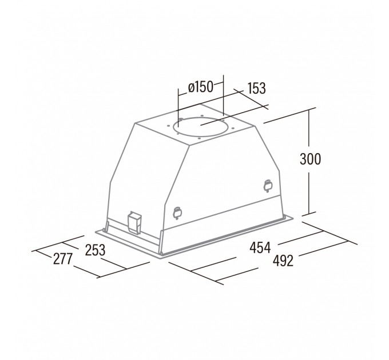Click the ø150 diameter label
coord(201,87)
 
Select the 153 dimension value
coord(256,88)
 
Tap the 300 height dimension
coord(310,159)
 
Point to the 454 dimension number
coord(260,247)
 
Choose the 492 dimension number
coord(283,261)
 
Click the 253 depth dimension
coord(96,250)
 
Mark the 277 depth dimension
coord(62,259)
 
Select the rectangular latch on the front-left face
coord(134,222)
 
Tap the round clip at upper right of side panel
coord(268,186)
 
